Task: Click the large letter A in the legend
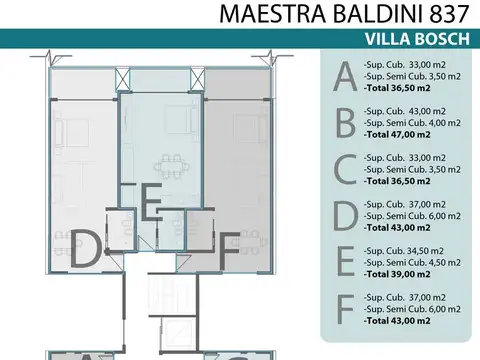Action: click(x=344, y=76)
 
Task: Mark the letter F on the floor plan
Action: click(x=227, y=247)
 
